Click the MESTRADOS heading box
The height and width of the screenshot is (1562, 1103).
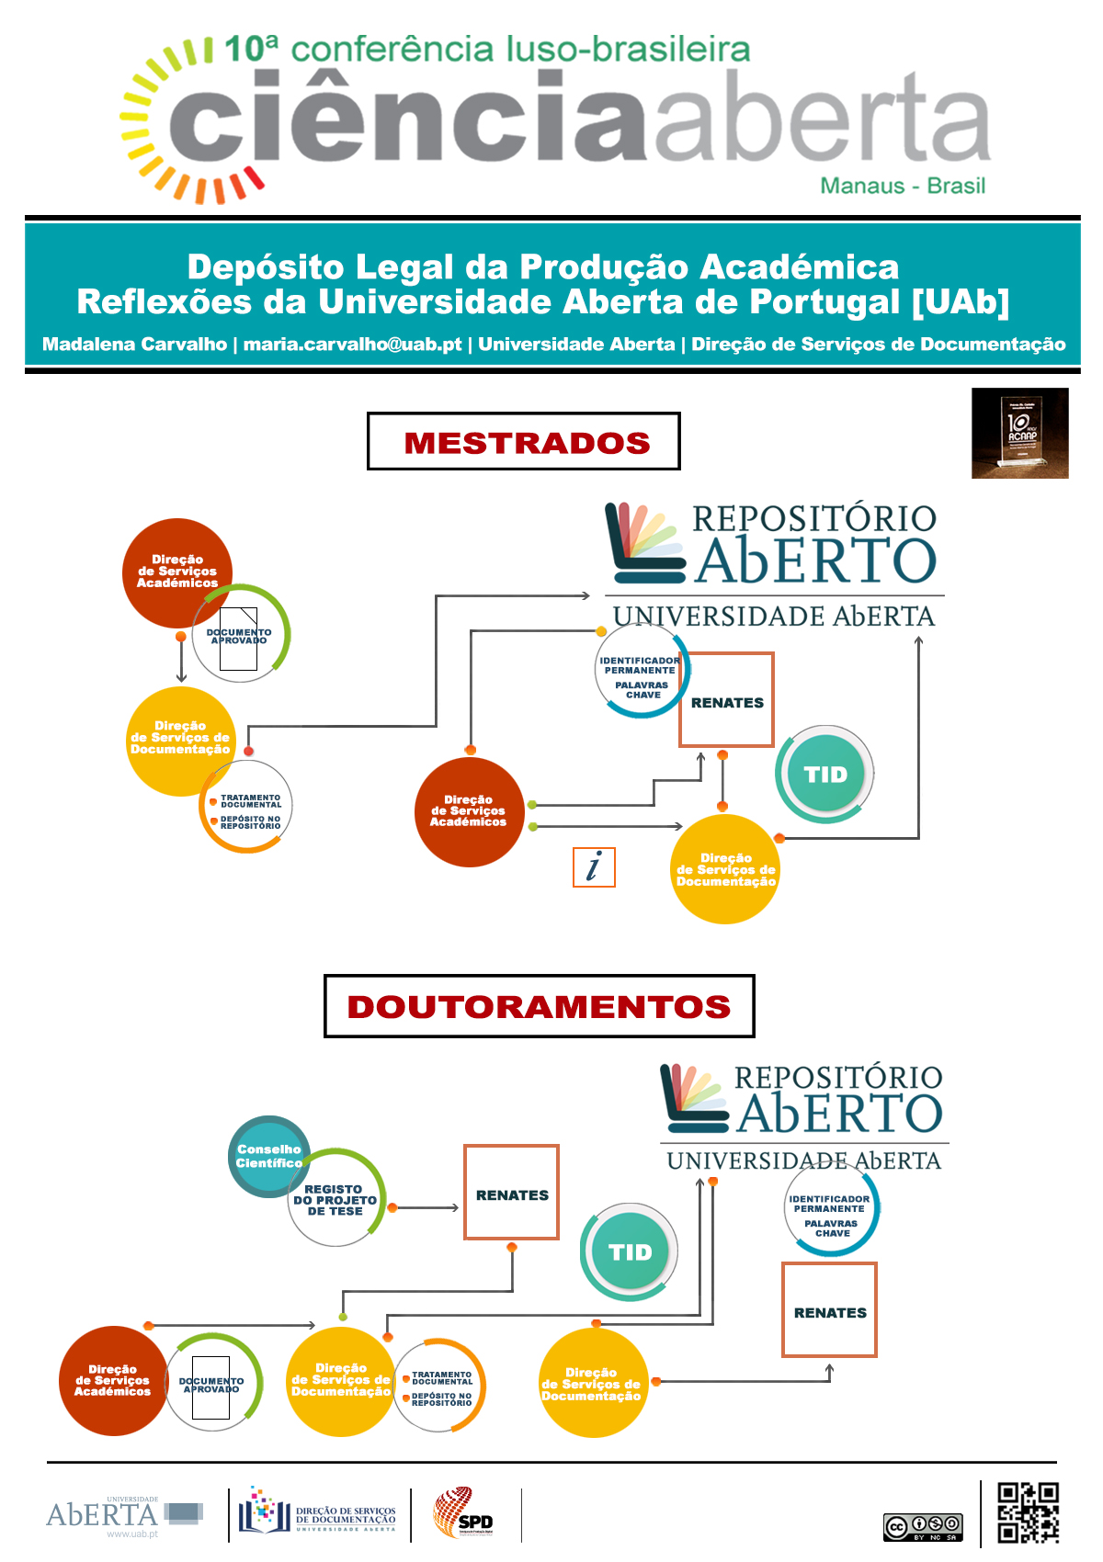tap(524, 441)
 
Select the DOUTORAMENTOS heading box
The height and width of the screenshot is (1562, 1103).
tap(539, 1006)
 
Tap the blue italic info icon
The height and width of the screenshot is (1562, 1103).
tap(594, 866)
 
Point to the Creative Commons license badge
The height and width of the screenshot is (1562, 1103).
tap(923, 1526)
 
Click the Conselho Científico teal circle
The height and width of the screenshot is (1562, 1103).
tap(267, 1156)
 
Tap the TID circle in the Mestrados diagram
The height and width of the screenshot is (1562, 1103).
tap(824, 775)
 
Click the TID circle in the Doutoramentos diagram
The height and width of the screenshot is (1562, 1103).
tap(630, 1252)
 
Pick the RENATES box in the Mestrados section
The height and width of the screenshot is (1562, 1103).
tap(726, 700)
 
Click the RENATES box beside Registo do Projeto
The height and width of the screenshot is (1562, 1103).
tap(511, 1193)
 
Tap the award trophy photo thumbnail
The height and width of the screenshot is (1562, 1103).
tap(1019, 433)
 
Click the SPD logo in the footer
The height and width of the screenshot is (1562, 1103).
tap(464, 1514)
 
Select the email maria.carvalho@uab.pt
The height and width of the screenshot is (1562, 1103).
tap(352, 345)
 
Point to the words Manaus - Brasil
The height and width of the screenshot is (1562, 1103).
tap(902, 186)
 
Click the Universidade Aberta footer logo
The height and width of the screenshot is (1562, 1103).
tap(123, 1515)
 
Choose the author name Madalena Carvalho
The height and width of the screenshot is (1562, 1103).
tap(134, 345)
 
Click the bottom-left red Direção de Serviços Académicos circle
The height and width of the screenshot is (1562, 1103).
tap(113, 1380)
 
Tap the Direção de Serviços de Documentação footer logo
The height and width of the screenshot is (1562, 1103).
tap(317, 1512)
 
